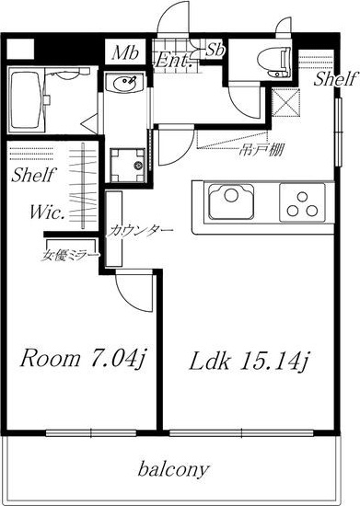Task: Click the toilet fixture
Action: pos(274,62)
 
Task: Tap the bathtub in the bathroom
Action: pos(27,100)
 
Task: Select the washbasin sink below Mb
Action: pos(125,82)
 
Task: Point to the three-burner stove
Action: pos(302,203)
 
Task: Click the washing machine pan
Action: pos(127,165)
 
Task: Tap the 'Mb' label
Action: pos(125,53)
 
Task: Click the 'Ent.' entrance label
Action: pos(172,61)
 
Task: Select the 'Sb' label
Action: pos(215,50)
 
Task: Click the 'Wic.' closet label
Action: pos(46,213)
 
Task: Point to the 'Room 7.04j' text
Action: pos(82,359)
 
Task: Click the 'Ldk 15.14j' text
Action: pos(250,361)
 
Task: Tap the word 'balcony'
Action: pos(173,470)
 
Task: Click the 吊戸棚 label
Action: pos(261,150)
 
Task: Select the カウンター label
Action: pos(139,230)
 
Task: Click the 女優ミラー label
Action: pos(70,255)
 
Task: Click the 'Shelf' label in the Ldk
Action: pos(336,79)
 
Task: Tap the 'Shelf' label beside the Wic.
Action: pos(32,175)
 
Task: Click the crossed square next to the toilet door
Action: pos(285,102)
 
